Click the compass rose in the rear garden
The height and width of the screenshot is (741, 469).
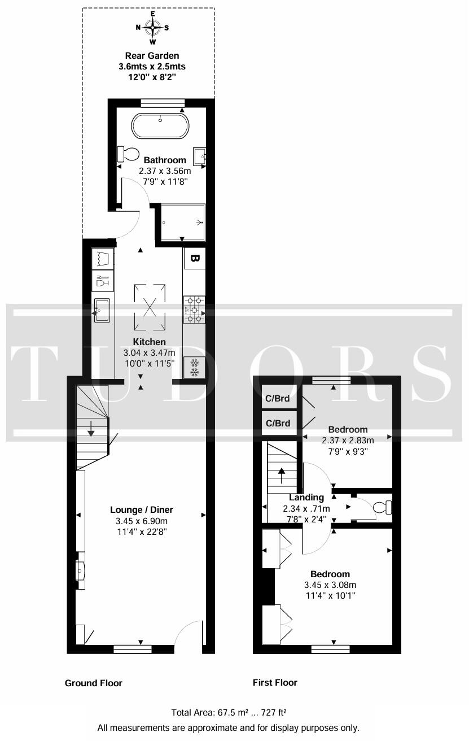[x=152, y=27]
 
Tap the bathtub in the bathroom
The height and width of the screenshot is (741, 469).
[x=160, y=126]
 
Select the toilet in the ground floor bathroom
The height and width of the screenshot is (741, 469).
[x=129, y=153]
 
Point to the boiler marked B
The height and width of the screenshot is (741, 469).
[x=194, y=259]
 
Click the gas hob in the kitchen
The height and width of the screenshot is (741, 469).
[x=194, y=310]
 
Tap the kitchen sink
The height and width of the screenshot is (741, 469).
[x=103, y=311]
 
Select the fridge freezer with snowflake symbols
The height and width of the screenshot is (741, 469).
[x=194, y=368]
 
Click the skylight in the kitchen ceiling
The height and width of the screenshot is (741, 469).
[x=150, y=307]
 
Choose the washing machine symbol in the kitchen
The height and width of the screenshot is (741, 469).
[x=103, y=259]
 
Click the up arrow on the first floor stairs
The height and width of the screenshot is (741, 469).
[x=282, y=475]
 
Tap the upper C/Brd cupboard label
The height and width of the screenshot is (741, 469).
[x=278, y=398]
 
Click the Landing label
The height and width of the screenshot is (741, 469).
[x=306, y=498]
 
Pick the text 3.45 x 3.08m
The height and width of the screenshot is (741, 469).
[x=330, y=585]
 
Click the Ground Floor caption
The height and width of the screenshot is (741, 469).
[x=94, y=683]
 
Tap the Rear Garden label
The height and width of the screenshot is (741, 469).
[x=152, y=55]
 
